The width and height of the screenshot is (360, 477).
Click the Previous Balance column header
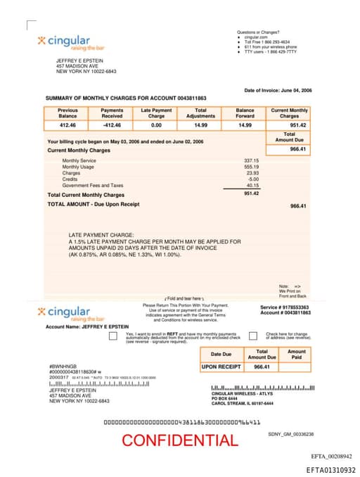point(67,113)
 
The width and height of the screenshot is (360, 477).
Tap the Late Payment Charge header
point(156,113)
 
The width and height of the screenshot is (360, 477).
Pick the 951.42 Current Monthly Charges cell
point(289,125)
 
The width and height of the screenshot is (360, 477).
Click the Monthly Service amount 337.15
point(251,160)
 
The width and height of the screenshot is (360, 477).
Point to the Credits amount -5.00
point(252,179)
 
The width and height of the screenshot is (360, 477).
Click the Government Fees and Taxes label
point(92,185)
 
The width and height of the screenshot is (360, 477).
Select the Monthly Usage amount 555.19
point(251,167)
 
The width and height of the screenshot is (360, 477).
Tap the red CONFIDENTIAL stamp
point(179,441)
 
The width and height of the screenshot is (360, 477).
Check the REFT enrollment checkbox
point(112,336)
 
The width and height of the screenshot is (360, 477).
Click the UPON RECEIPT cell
point(221,367)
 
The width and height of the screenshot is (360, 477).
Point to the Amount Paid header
point(297,355)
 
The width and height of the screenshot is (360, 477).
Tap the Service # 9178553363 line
point(284,307)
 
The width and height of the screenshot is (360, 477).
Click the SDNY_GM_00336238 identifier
point(291,435)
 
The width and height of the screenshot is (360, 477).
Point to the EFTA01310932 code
point(331,470)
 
